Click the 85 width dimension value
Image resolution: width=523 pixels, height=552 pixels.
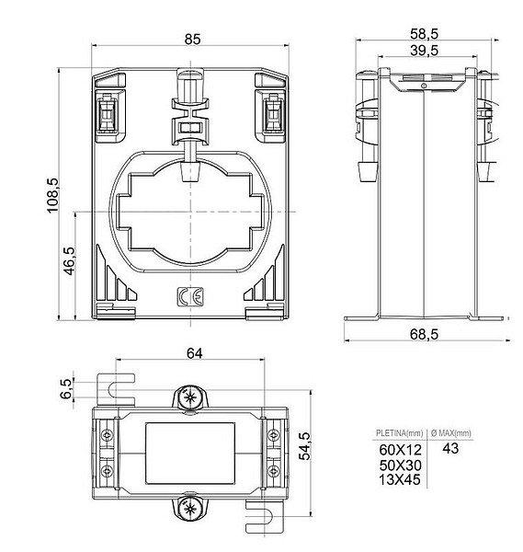192,39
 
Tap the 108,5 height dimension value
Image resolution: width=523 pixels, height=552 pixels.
53,195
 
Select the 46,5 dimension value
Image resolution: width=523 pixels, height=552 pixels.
70,261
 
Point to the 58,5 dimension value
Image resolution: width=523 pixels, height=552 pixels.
424,34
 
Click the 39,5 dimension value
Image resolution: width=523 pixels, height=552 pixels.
424,51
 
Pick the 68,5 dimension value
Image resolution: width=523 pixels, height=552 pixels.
424,334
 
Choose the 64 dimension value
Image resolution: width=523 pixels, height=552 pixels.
195,353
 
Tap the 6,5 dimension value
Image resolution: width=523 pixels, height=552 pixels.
66,388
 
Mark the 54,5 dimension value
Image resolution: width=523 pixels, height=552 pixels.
304,446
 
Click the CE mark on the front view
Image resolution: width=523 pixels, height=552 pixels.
190,297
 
